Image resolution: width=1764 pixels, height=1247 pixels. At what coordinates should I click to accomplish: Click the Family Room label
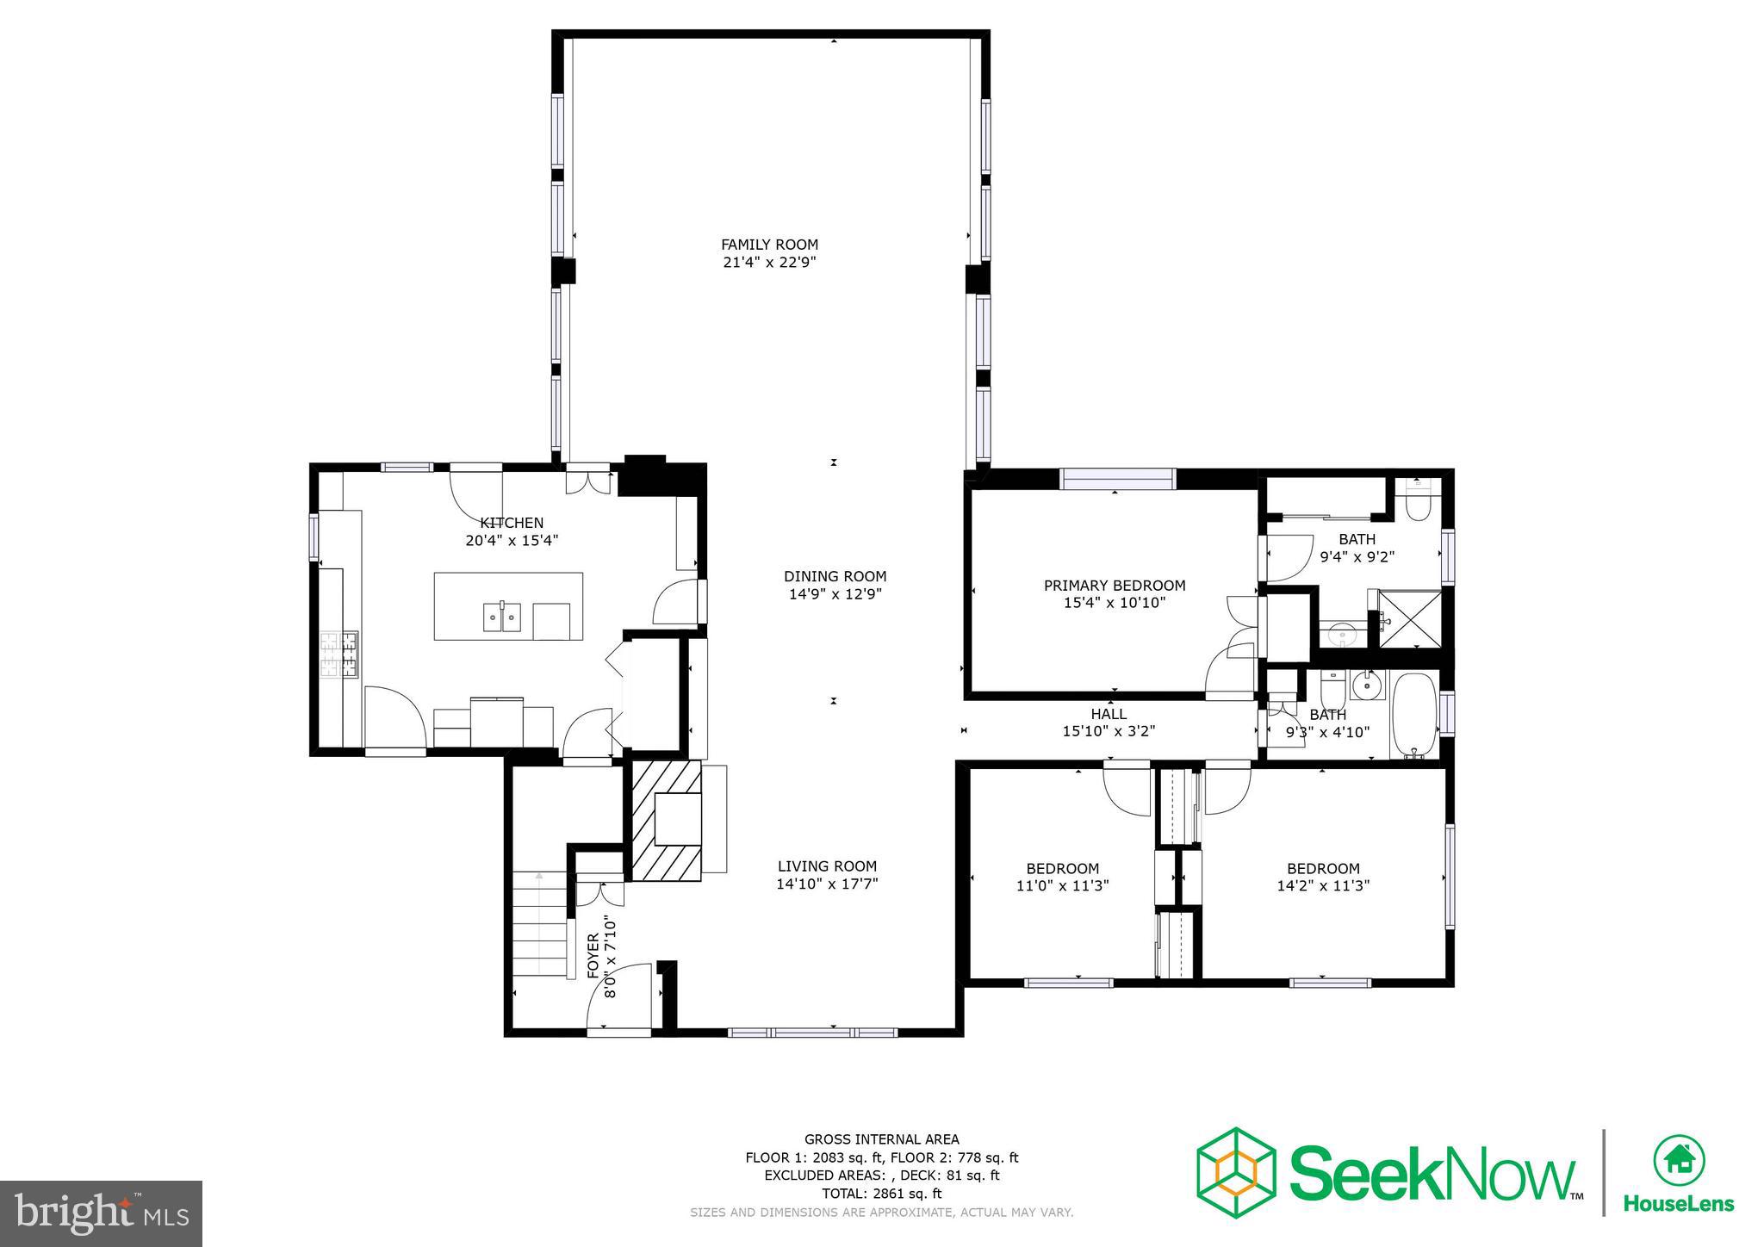pyautogui.click(x=769, y=245)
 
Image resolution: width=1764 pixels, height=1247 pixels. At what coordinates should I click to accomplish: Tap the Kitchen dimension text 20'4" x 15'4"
pyautogui.click(x=512, y=541)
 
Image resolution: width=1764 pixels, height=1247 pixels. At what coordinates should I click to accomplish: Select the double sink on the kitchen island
pyautogui.click(x=501, y=617)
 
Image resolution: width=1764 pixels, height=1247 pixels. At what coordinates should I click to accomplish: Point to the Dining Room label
pyautogui.click(x=835, y=576)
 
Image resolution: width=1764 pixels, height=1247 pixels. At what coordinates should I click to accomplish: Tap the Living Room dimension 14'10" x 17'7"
pyautogui.click(x=827, y=884)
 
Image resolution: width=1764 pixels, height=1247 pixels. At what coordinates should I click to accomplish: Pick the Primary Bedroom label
pyautogui.click(x=1115, y=586)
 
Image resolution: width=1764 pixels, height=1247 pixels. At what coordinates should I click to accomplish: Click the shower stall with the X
pyautogui.click(x=1410, y=617)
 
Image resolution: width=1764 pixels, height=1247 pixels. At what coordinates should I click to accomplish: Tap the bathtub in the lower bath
pyautogui.click(x=1414, y=714)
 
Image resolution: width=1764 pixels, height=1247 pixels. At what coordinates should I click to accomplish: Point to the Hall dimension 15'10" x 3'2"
pyautogui.click(x=1109, y=731)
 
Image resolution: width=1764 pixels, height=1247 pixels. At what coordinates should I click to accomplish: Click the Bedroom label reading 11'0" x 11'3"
pyautogui.click(x=1062, y=877)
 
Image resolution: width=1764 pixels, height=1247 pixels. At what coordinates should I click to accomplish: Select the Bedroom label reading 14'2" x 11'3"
pyautogui.click(x=1323, y=877)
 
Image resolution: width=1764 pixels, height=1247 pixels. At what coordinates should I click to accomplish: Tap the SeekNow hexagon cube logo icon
pyautogui.click(x=1235, y=1172)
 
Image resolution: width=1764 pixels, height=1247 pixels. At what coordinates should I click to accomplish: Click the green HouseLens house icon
pyautogui.click(x=1679, y=1159)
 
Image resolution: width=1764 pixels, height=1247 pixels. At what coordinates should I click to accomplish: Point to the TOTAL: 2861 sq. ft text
pyautogui.click(x=881, y=1194)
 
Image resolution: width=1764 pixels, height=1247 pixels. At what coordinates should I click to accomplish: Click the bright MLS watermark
pyautogui.click(x=102, y=1213)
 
